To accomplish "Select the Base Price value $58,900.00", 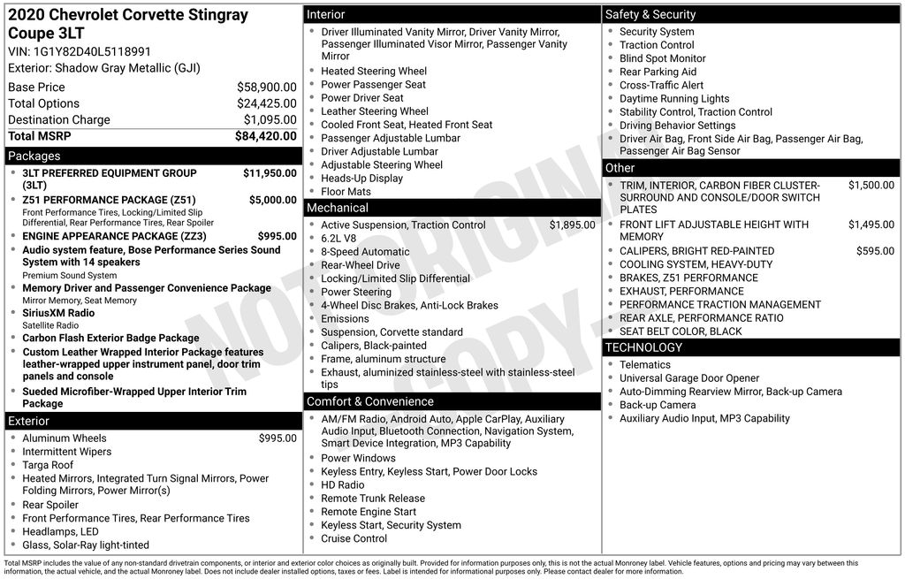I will pyautogui.click(x=266, y=88).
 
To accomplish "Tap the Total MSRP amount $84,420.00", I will pyautogui.click(x=265, y=136).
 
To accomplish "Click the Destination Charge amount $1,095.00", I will pyautogui.click(x=270, y=120).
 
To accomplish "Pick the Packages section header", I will pyautogui.click(x=34, y=156).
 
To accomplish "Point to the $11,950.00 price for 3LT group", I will pyautogui.click(x=270, y=173).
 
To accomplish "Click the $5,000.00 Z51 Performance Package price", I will pyautogui.click(x=273, y=200).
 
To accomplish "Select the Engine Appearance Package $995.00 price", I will pyautogui.click(x=277, y=236).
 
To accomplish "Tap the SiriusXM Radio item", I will pyautogui.click(x=58, y=313).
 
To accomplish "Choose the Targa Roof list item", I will pyautogui.click(x=48, y=465).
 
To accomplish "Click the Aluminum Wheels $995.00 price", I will pyautogui.click(x=278, y=438).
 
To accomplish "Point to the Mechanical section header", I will pyautogui.click(x=337, y=208).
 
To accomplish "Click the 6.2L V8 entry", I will pyautogui.click(x=338, y=239).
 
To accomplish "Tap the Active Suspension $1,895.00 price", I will pyautogui.click(x=572, y=225).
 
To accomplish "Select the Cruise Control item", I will pyautogui.click(x=354, y=538).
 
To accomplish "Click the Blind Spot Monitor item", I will pyautogui.click(x=662, y=58).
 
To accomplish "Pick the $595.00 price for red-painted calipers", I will pyautogui.click(x=875, y=251).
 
